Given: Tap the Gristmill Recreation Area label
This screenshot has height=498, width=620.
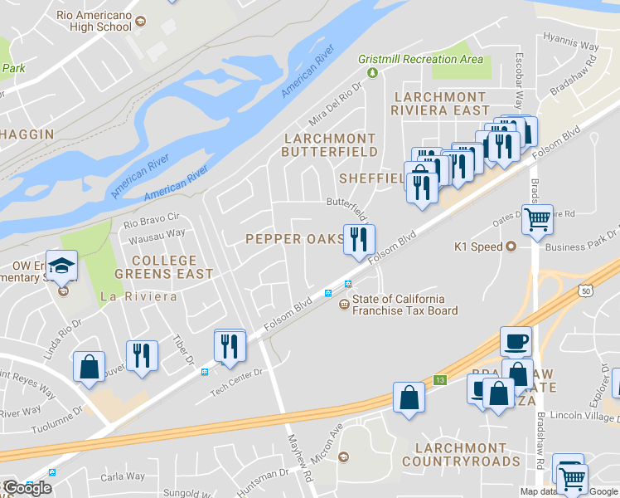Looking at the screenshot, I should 420,60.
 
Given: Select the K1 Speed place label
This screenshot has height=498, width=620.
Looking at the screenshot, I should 479,247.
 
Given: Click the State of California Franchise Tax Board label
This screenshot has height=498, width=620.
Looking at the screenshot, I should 404,305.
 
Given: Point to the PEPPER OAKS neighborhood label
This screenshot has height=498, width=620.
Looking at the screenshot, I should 294,239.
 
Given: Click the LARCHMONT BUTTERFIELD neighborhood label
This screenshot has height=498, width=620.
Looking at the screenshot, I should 329,144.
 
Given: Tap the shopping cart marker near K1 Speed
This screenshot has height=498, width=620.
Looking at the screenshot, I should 537,221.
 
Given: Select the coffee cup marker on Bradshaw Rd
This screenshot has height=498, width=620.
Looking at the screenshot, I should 516,341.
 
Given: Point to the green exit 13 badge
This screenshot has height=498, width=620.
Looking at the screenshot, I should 439,380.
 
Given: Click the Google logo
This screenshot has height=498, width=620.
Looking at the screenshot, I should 27,488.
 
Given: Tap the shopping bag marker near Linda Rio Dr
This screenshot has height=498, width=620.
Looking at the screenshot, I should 89,368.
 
